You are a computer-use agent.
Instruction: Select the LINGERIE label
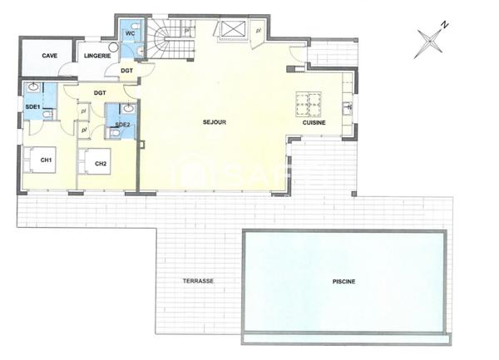[97, 56]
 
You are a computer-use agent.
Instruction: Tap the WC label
[131, 33]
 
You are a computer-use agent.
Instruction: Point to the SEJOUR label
[215, 122]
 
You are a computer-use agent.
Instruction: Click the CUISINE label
[314, 122]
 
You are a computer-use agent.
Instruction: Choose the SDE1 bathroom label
[33, 107]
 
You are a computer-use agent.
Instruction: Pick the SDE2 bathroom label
[122, 125]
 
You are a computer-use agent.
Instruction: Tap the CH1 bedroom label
[47, 160]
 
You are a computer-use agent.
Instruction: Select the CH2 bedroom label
[101, 163]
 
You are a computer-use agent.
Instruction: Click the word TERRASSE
[198, 281]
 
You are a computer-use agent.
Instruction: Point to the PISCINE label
[343, 281]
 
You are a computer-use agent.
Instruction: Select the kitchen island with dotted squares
[309, 104]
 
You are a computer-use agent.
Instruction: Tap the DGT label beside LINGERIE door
[126, 71]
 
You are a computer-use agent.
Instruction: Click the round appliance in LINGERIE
[113, 47]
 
